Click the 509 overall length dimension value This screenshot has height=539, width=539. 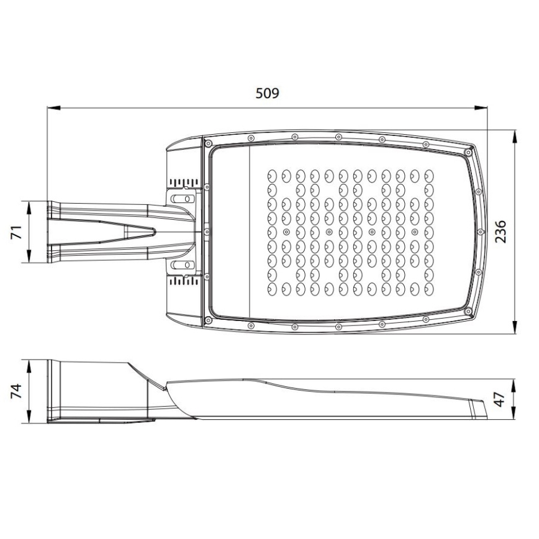coord(268,94)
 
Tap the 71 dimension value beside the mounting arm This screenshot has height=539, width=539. coord(18,232)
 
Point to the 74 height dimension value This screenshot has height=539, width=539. coord(18,391)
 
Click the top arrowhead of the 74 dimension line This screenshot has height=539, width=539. coord(30,365)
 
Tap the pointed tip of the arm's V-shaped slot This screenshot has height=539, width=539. coord(154,232)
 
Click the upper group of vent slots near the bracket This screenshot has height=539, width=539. coord(184,183)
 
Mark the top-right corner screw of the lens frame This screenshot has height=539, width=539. coord(466,151)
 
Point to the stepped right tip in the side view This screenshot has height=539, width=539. coord(479,407)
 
